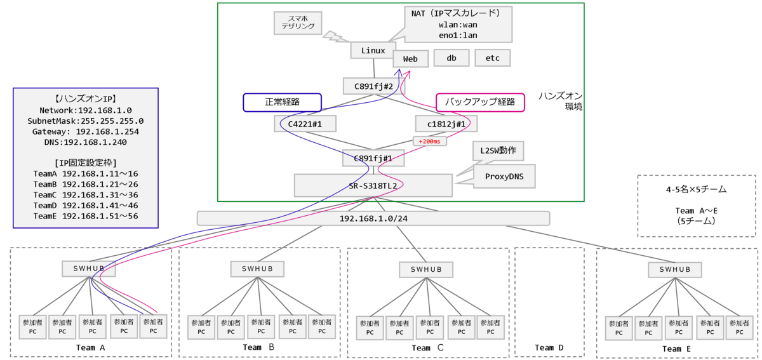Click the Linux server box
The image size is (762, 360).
pos(373,50)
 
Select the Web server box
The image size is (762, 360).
pos(410,59)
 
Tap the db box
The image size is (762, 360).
pos(451,58)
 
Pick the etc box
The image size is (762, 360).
pos(492,58)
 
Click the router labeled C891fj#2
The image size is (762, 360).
pos(373,87)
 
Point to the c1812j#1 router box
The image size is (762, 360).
pos(446,124)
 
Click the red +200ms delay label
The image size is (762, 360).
pos(430,141)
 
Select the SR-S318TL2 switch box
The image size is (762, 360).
pos(373,185)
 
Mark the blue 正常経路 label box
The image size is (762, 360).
pos(282,102)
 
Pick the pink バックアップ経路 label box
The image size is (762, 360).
pos(480,102)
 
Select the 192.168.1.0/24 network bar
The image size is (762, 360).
pos(373,218)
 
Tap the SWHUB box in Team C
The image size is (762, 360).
pos(425,269)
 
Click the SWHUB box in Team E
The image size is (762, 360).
pos(675,269)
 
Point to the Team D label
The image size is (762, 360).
pos(549,347)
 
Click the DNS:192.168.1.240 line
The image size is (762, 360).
pos(85,143)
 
